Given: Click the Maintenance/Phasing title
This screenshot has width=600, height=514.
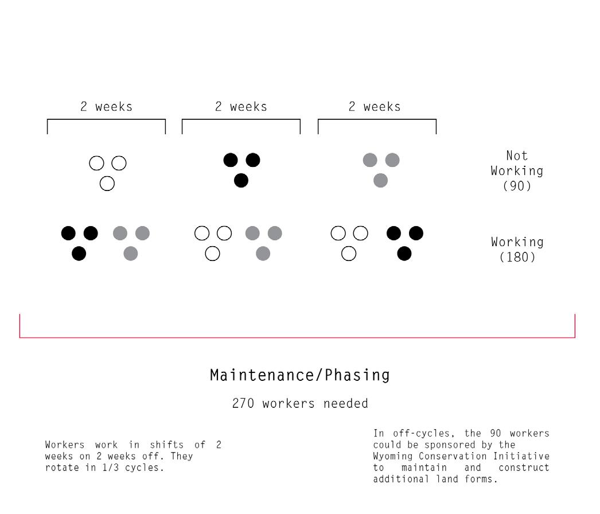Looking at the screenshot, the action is tap(299, 375).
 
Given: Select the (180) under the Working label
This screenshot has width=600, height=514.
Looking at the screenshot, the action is tap(517, 257).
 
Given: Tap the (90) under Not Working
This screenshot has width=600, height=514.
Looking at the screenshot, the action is tap(517, 186).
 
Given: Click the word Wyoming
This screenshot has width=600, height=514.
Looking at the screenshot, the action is tap(393, 456).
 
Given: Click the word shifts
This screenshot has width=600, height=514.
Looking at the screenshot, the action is tap(166, 445).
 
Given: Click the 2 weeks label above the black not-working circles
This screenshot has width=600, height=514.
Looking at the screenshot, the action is tap(241, 107).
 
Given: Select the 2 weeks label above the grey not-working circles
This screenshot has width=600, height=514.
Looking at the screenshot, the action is tap(375, 107).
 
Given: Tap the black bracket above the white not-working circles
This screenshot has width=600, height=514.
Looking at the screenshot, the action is tap(106, 120).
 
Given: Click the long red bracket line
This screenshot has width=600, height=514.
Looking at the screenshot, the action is tap(297, 337).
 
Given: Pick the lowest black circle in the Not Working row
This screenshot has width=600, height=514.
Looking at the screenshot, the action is tap(241, 181).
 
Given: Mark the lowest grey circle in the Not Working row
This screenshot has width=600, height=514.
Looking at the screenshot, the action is tap(380, 181).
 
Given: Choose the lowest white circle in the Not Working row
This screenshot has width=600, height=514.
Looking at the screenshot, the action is tap(107, 184).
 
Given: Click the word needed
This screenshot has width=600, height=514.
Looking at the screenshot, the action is tap(345, 403).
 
